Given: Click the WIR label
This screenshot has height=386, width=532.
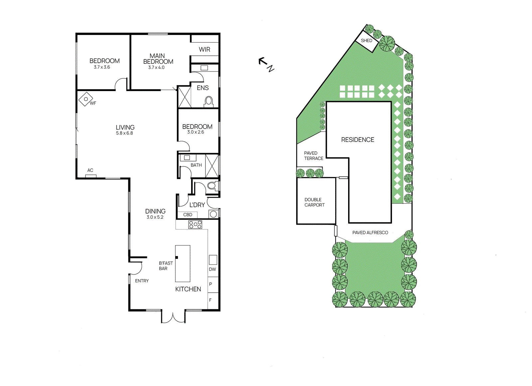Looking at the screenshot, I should click(x=204, y=49).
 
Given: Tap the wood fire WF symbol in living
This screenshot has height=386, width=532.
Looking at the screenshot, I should click(x=86, y=99).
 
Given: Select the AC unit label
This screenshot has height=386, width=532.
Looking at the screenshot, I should click(x=90, y=170).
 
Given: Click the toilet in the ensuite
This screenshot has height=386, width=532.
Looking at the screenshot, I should click(x=209, y=101).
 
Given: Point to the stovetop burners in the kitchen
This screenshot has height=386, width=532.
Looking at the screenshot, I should click(x=195, y=225).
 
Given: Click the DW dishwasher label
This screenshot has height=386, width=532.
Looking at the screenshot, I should click(x=212, y=269).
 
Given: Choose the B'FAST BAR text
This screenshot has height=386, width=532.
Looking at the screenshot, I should click(x=166, y=266).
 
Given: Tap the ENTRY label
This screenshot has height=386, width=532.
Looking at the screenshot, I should click(x=142, y=281).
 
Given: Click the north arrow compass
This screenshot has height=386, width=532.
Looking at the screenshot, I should click(x=266, y=64).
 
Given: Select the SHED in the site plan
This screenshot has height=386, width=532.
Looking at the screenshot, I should click(x=366, y=41).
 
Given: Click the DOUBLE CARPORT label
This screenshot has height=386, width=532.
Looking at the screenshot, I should click(x=314, y=202).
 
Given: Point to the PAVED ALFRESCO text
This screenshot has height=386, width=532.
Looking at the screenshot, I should click(x=370, y=233).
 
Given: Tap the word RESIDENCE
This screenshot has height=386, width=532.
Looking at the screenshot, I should click(x=357, y=140).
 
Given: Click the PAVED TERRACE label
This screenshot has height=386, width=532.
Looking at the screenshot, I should click(x=313, y=156).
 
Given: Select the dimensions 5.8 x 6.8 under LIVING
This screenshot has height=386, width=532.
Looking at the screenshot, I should click(x=124, y=133).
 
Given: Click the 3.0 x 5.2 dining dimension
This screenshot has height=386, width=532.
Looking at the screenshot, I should click(x=155, y=217).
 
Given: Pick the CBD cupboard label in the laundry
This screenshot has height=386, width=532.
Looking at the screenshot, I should click(x=188, y=215).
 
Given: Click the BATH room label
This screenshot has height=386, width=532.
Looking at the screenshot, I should click(x=196, y=165).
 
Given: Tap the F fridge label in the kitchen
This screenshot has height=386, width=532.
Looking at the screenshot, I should click(x=210, y=300).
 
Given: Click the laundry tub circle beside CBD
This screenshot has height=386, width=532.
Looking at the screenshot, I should click(x=213, y=214).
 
